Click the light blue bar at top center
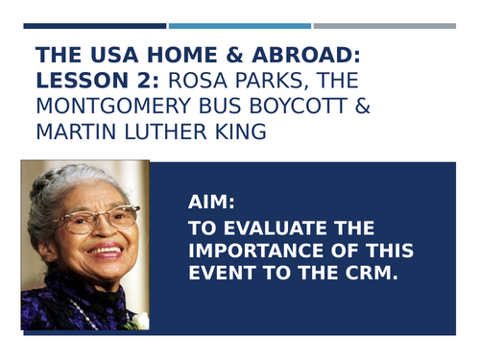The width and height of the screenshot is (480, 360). [240, 26]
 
